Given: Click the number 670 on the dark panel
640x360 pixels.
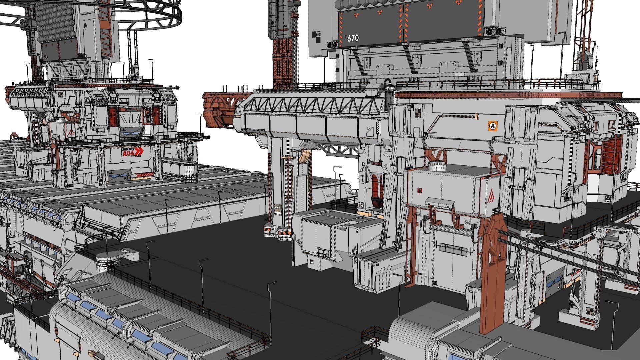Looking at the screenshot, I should point(353,38).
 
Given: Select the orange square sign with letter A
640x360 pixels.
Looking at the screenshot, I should point(492,126).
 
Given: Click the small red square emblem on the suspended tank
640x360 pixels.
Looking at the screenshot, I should point(419,191).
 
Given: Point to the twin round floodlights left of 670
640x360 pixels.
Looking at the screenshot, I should point(332,44).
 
